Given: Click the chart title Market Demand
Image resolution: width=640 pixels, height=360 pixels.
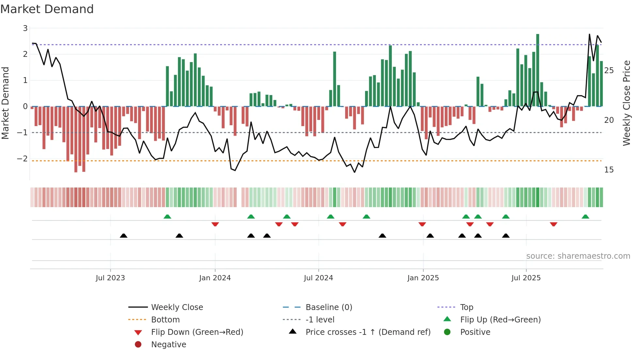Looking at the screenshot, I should coord(47,9).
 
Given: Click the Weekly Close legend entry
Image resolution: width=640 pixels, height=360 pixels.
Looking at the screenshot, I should coord(177,307).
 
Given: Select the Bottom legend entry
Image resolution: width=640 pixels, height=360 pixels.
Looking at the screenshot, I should coord(165,319).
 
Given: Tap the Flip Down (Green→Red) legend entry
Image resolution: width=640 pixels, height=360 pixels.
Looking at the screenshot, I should coord(197,332).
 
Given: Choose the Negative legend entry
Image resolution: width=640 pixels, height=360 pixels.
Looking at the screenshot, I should coord(168,344).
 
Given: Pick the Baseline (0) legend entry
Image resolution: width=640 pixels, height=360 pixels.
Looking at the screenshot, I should coord(328,307).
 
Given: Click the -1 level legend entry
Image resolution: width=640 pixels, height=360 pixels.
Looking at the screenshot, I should coord(320,319).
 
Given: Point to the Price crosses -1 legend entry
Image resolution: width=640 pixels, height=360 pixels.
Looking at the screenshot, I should coord(368,332).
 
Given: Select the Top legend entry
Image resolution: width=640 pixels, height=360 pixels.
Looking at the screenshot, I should coord(466,307).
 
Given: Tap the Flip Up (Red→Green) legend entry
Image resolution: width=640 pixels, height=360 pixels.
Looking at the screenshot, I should coord(500,319).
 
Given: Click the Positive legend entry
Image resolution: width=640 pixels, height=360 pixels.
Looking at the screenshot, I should coord(475,332).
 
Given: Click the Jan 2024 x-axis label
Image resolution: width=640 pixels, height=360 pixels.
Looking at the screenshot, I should coord(215,278).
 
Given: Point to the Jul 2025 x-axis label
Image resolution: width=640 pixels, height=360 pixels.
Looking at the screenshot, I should coord(526,278).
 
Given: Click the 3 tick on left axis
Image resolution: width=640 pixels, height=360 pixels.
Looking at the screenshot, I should coord(25,28).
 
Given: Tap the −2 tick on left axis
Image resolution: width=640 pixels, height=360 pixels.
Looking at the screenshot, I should coord(23,158).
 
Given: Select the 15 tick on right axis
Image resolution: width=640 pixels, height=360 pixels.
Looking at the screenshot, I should coord(609,170).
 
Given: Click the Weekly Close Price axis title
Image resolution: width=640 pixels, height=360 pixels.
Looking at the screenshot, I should coord(626,103).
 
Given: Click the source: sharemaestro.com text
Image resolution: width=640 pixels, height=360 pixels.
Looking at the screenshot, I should coord(578,256).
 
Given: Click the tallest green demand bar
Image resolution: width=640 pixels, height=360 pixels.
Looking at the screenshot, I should coord(537,70).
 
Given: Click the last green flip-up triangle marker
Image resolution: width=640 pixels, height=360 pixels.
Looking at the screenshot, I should coord(585,217).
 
